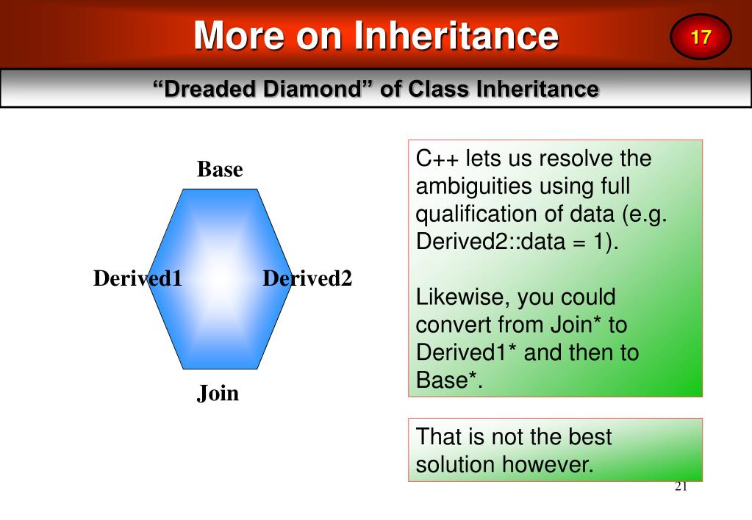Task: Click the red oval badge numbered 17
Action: click(701, 37)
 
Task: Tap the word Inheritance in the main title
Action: click(456, 35)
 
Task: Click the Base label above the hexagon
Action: click(220, 169)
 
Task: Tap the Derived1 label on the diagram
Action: click(137, 278)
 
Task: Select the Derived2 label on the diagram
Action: click(307, 278)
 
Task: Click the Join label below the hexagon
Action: click(218, 394)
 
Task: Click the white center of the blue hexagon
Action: click(220, 279)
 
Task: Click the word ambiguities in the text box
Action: click(497, 187)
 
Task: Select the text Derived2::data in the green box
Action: click(490, 241)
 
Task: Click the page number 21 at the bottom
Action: click(681, 486)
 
